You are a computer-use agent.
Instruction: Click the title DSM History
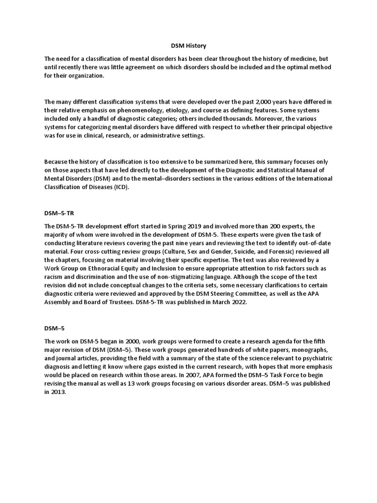pos(188,46)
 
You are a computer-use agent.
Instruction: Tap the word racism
pos(55,277)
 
